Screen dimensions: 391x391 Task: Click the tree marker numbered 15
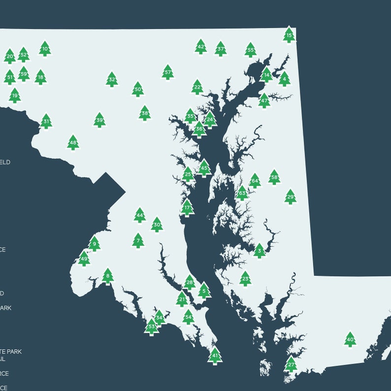click(289, 35)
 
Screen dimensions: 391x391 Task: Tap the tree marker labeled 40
click(350, 339)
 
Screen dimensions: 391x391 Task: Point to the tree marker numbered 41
click(215, 355)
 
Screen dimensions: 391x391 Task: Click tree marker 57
click(168, 72)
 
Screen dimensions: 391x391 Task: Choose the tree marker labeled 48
click(73, 143)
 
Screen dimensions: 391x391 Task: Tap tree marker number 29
click(291, 196)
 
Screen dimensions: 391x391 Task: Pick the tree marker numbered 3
click(259, 251)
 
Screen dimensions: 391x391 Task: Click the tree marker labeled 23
click(245, 279)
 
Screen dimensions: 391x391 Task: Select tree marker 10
click(45, 48)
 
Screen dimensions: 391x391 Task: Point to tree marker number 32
click(112, 79)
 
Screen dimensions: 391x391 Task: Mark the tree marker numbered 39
click(99, 120)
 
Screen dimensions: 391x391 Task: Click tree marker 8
click(108, 276)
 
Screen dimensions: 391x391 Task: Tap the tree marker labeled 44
click(140, 215)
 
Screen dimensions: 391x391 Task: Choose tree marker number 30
click(157, 225)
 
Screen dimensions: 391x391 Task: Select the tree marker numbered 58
click(274, 177)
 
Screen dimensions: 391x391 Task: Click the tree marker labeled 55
click(251, 50)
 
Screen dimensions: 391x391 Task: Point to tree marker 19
click(15, 96)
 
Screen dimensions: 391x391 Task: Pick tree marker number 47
click(264, 100)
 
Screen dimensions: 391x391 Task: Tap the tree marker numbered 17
click(187, 208)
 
